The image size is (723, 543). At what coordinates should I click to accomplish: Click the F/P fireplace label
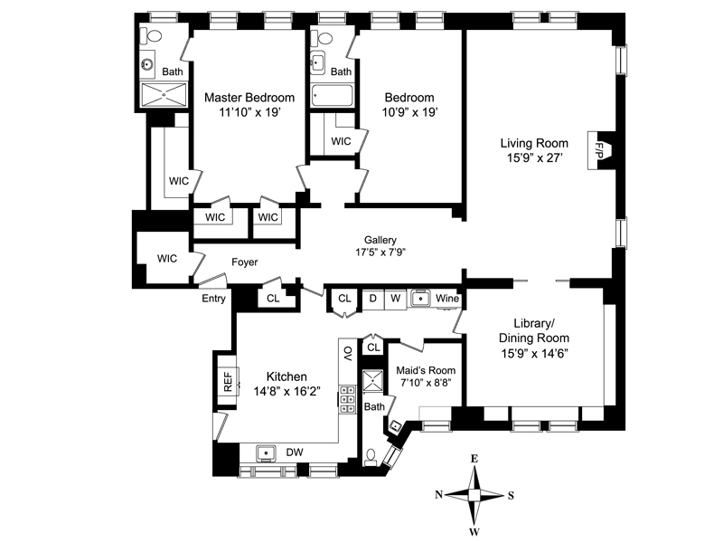(599, 150)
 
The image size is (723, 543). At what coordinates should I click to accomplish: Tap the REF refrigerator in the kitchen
(229, 381)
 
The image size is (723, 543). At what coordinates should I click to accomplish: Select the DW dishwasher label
(295, 452)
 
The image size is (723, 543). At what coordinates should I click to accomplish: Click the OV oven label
(348, 353)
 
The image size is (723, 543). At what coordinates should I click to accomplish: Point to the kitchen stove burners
(347, 399)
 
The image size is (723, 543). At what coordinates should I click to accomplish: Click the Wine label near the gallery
(447, 299)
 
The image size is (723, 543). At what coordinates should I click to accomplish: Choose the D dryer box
(373, 299)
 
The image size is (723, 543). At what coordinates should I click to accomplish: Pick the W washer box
(396, 299)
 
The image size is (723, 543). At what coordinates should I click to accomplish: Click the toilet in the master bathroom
(151, 36)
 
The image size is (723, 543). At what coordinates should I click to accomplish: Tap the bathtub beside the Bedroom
(332, 96)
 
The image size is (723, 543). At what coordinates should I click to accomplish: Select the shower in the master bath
(164, 95)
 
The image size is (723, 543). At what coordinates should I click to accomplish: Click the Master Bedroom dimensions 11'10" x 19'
(249, 112)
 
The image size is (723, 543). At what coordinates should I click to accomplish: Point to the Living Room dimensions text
(534, 157)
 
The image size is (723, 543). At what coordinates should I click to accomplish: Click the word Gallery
(380, 240)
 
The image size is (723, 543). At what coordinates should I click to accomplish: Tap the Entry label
(213, 299)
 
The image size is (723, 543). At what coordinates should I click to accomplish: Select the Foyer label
(244, 262)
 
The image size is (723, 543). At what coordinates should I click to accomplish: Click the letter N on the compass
(438, 495)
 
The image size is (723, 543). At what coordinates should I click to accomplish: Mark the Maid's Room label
(426, 370)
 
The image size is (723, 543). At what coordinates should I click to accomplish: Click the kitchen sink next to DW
(266, 453)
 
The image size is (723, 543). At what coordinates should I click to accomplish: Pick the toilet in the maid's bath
(371, 458)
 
